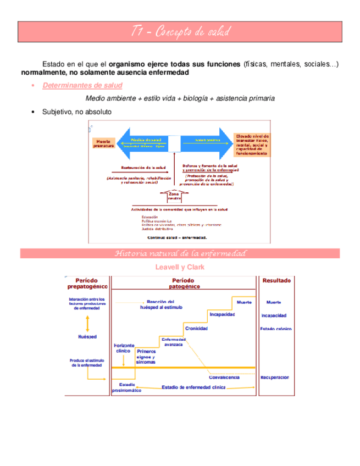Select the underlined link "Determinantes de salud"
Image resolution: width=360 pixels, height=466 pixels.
coord(82,85)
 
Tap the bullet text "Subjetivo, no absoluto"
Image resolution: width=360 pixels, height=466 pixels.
coord(76,112)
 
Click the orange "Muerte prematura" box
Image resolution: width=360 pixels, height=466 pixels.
coord(103,144)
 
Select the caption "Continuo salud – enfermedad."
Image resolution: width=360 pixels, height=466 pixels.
coord(176,238)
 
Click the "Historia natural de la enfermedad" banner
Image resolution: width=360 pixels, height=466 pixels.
coord(180,253)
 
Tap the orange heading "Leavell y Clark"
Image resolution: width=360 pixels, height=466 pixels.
coord(180,267)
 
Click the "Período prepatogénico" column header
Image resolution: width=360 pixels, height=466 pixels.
coord(87,282)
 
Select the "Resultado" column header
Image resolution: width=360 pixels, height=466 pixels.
coord(277,280)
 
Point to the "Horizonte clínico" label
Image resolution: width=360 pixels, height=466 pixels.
coord(124,348)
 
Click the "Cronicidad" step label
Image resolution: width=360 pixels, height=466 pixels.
coord(196,328)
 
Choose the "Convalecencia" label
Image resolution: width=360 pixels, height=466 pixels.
coord(224,378)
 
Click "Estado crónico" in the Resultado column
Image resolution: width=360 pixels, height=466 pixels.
coord(276,329)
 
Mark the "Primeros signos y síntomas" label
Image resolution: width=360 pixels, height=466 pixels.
coord(146,357)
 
